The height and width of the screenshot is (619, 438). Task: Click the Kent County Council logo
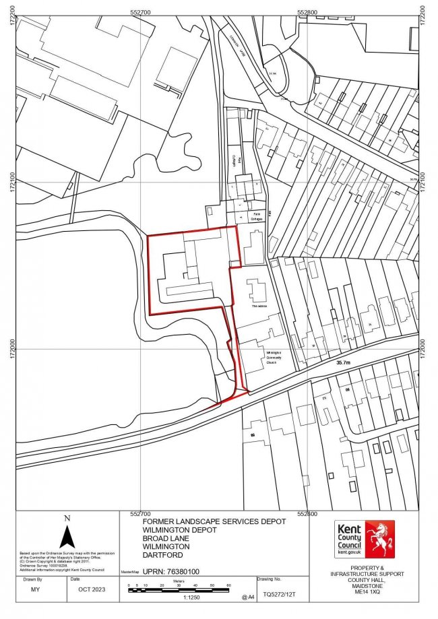[x=364, y=539]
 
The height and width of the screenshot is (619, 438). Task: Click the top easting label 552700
[x=141, y=11]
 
